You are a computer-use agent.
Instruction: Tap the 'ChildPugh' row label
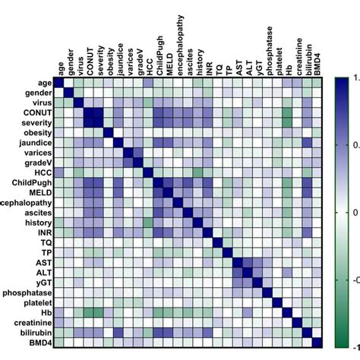tap(32, 183)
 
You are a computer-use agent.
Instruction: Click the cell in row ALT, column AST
tap(237, 272)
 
